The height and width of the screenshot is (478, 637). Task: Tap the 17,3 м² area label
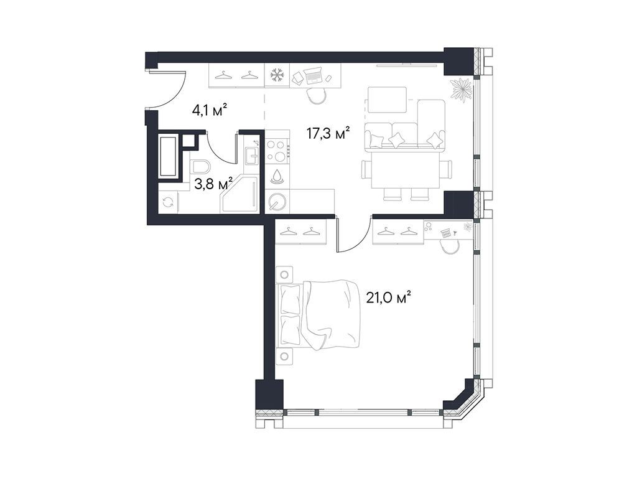(328, 133)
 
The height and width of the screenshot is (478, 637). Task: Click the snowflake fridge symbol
(276, 75)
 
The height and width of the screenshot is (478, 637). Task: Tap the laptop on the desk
(314, 76)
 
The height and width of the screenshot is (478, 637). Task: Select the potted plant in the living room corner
(462, 90)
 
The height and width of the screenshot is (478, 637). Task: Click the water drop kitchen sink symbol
(277, 176)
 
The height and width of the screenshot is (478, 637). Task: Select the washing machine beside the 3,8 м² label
(167, 202)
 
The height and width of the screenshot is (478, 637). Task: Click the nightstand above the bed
(285, 274)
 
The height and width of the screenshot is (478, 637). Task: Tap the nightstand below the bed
(285, 356)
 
